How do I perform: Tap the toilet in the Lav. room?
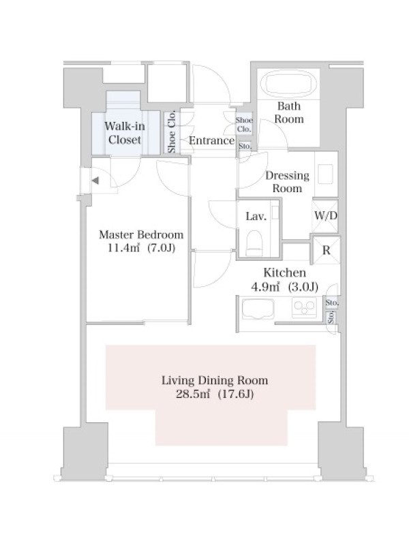click(254, 243)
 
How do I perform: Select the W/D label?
click(326, 215)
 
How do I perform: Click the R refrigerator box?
click(327, 250)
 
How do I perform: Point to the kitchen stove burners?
click(304, 307)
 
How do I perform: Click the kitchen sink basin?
click(258, 309)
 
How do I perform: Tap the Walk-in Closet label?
click(125, 133)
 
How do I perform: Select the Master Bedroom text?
click(141, 234)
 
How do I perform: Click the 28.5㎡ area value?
click(193, 394)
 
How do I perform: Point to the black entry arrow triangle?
click(95, 181)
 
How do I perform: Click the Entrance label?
click(212, 140)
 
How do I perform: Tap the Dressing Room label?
click(287, 182)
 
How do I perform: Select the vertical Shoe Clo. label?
click(172, 132)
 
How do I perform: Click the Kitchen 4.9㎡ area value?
click(265, 287)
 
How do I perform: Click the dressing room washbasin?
click(326, 174)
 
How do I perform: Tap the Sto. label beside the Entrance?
click(245, 146)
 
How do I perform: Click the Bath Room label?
click(289, 112)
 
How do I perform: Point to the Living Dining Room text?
click(215, 380)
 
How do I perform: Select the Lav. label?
click(256, 217)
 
